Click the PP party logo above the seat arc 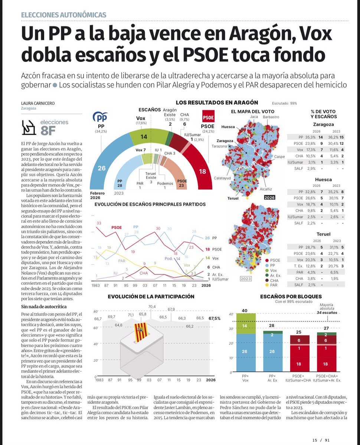pos(100,118)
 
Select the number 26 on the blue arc pos(102,168)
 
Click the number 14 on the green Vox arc pos(144,137)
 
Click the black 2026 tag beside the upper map pos(269,197)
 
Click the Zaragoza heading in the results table pos(323,125)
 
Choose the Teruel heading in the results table pos(323,234)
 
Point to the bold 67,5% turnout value pos(215,318)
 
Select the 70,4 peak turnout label pos(152,307)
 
